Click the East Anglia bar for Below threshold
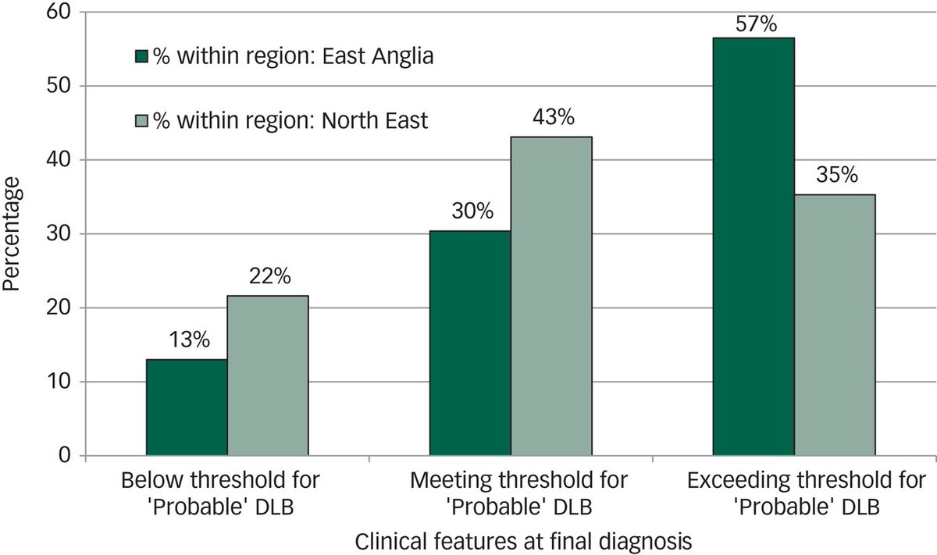click(187, 407)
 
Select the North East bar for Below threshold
click(268, 375)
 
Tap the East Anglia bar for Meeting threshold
click(470, 343)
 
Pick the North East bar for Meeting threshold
click(551, 296)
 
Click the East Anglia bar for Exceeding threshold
click(754, 247)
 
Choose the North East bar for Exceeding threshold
click(835, 325)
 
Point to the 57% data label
click(756, 24)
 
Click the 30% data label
click(472, 212)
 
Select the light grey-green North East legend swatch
click(141, 121)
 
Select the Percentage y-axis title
click(12, 234)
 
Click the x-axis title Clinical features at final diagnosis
click(524, 540)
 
